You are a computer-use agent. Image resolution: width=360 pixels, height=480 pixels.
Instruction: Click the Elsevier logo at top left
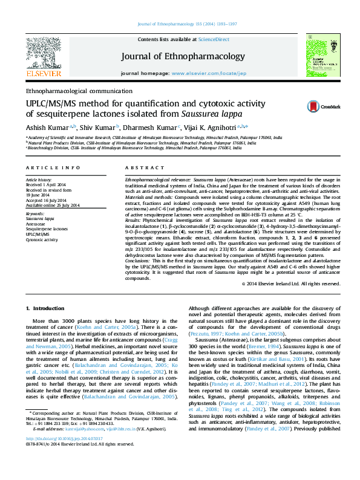[x=43, y=58]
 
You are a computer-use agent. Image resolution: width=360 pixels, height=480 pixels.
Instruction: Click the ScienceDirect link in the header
[x=215, y=39]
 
